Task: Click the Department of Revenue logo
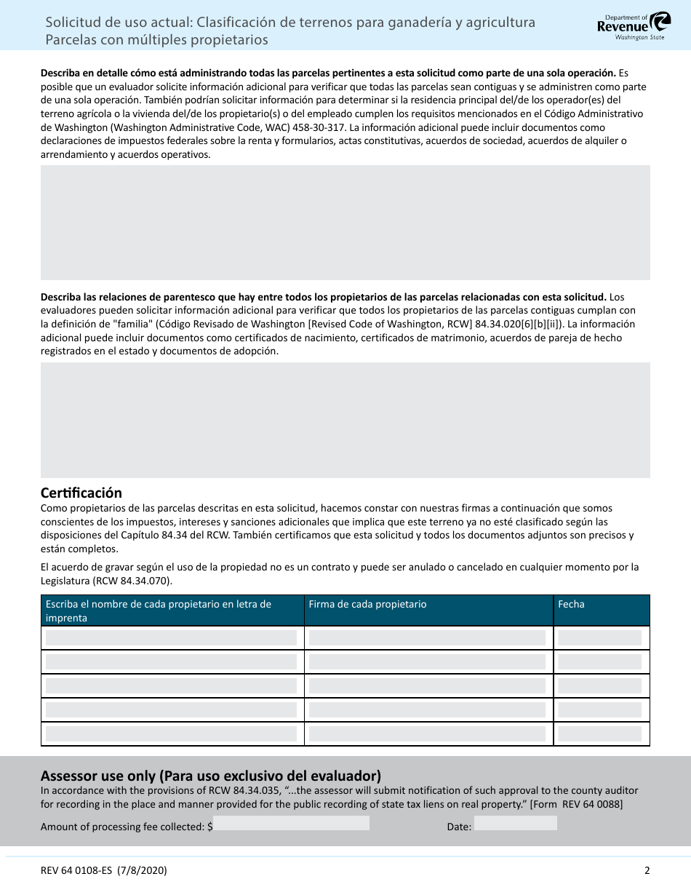tap(630, 25)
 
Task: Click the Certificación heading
tap(81, 493)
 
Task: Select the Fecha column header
tap(571, 604)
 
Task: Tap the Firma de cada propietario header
tap(367, 604)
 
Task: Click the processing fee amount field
tap(291, 823)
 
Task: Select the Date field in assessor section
tap(515, 823)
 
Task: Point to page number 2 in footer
tap(647, 870)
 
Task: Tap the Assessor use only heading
tap(211, 776)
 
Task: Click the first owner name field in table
tap(172, 638)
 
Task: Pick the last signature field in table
tap(427, 734)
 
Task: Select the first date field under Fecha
tap(600, 638)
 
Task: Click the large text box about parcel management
tap(345, 223)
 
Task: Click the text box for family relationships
tap(345, 420)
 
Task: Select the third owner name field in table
tap(172, 686)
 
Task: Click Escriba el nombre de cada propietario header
tap(158, 610)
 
